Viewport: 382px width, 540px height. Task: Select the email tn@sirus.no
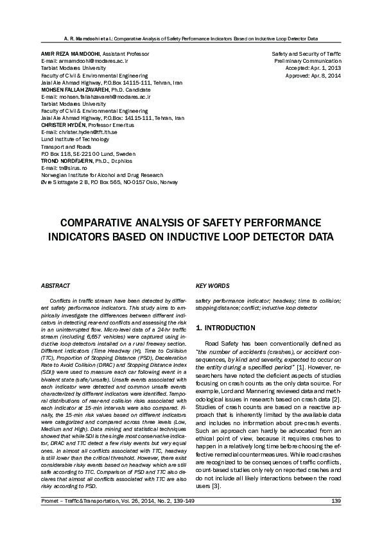(68, 168)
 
